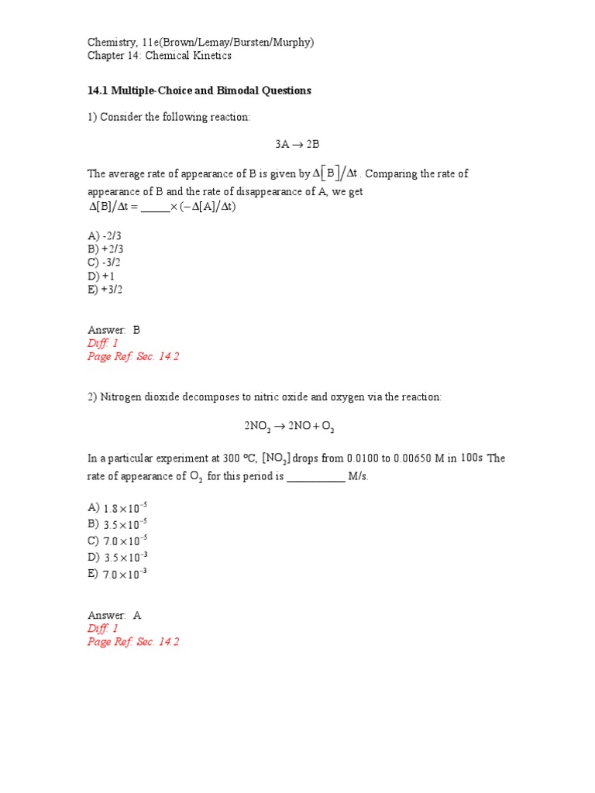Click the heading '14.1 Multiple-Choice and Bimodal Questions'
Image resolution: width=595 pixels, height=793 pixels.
point(199,91)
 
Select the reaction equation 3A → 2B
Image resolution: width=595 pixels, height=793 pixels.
point(297,144)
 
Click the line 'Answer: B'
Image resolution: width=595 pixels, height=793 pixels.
point(114,330)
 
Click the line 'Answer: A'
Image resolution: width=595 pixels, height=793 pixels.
point(114,616)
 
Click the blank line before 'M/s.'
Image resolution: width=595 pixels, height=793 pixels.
point(315,477)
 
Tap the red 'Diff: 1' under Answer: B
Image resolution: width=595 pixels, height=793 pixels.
point(102,343)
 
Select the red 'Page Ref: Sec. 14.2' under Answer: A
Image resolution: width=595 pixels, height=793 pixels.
point(133,642)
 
